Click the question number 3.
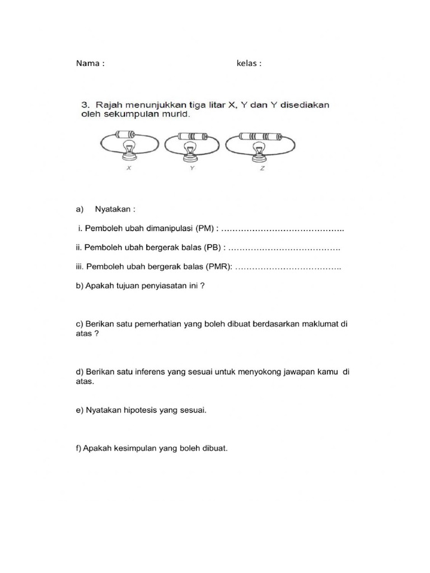(86, 105)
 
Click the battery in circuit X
(124, 134)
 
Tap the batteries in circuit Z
(258, 135)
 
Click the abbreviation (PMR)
(219, 267)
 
